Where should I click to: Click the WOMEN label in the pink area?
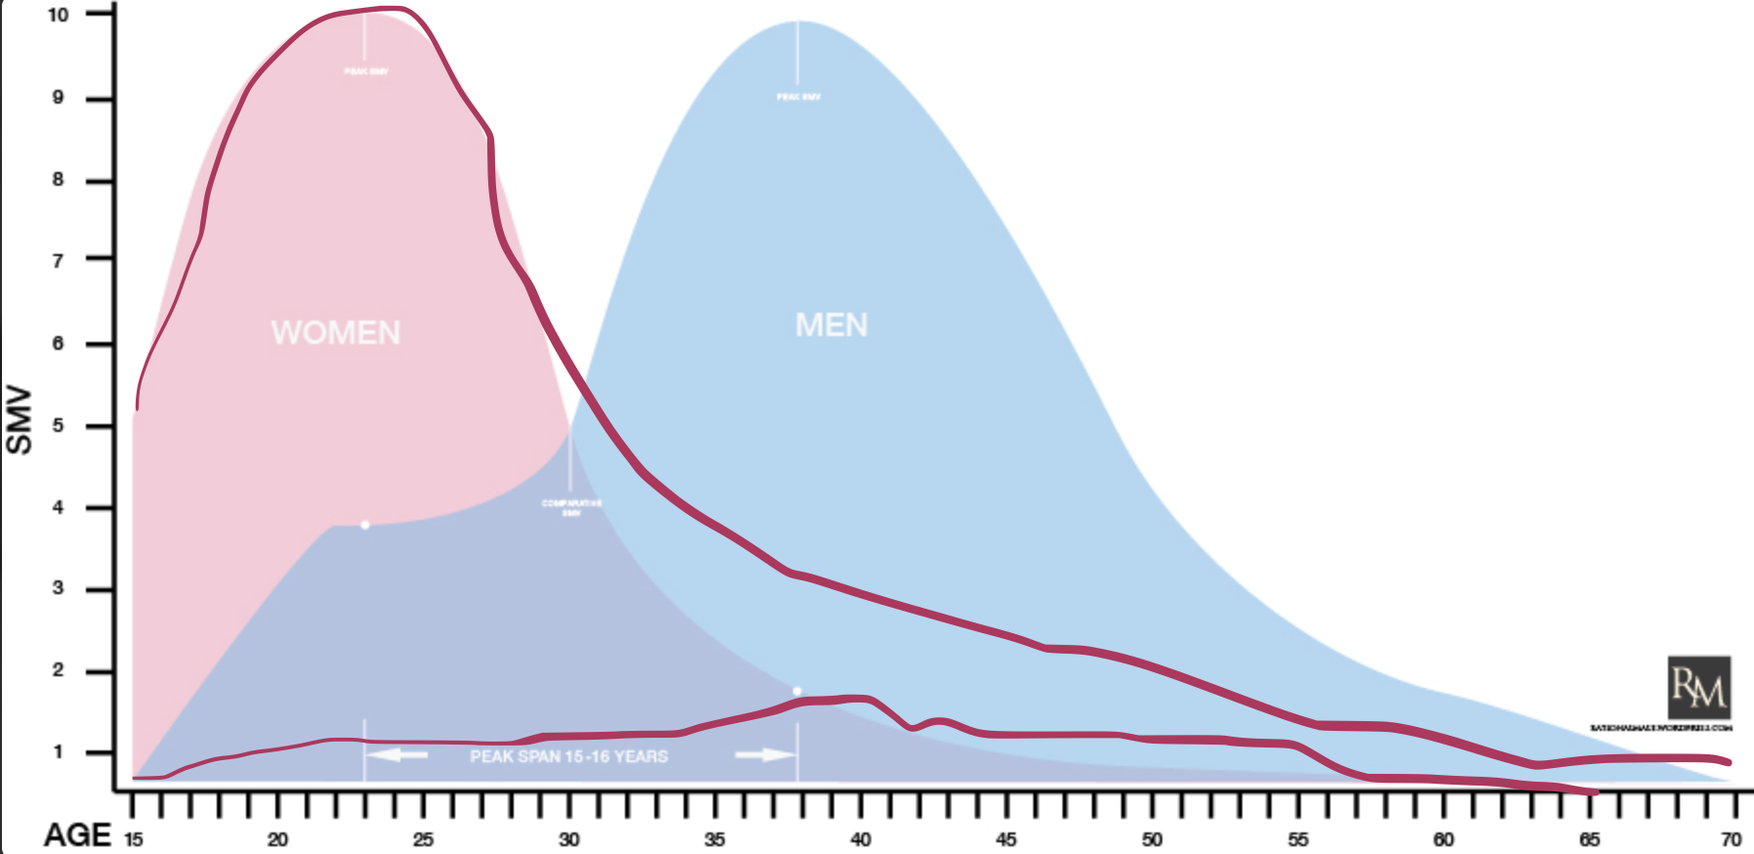pos(336,333)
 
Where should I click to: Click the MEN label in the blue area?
pos(831,325)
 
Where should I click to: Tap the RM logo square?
pos(1698,688)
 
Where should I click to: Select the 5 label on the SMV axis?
pos(59,426)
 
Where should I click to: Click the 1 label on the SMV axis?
pos(59,752)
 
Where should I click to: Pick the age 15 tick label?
pos(133,839)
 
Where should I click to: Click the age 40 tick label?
pos(860,839)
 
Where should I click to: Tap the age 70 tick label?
pos(1732,839)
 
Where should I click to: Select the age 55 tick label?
pos(1298,839)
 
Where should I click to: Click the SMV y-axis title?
pos(20,420)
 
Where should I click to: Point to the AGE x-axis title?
pos(77,835)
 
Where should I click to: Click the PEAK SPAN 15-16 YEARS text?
pos(568,756)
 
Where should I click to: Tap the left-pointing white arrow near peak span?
pos(398,755)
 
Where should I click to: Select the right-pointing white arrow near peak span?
pos(764,755)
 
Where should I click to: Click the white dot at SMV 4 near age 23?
pos(365,526)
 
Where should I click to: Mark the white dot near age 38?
pos(797,691)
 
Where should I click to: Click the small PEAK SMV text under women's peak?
pos(365,71)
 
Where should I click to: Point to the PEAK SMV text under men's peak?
pos(798,97)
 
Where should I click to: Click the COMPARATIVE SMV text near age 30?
pos(571,507)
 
